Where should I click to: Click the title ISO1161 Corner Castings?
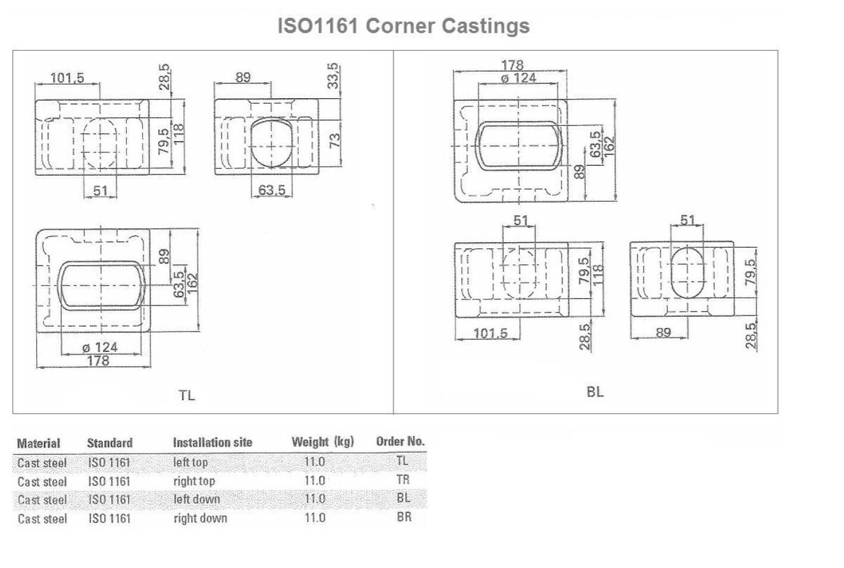(404, 26)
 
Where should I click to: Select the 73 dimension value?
(335, 141)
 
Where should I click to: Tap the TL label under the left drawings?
(186, 395)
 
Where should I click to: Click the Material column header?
(39, 443)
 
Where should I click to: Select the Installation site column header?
(212, 442)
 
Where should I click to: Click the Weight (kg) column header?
(323, 442)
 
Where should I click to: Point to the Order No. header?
(400, 441)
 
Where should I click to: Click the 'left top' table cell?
(190, 462)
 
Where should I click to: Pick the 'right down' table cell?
(200, 518)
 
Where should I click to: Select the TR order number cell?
(403, 479)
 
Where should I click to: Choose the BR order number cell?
(404, 517)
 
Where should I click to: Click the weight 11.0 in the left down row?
(315, 499)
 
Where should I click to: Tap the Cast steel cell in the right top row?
(42, 481)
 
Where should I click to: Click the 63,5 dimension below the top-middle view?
(272, 190)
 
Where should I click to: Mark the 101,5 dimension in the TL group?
(67, 78)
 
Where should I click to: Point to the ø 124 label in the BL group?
(518, 77)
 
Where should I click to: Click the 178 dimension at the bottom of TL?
(98, 360)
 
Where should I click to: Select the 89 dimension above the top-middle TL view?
(243, 77)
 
